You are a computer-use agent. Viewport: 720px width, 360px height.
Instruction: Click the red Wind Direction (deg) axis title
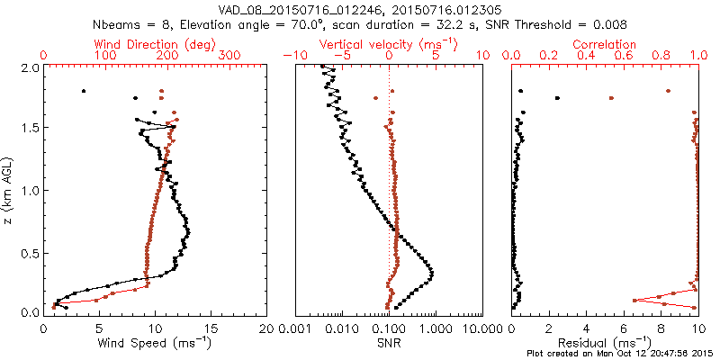click(x=155, y=44)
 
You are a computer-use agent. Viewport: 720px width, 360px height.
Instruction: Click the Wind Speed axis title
click(x=155, y=343)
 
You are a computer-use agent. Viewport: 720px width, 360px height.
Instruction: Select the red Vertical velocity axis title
click(x=389, y=44)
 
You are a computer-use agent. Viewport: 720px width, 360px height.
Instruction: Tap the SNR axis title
click(x=389, y=343)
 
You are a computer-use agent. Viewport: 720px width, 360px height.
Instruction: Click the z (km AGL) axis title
click(x=10, y=190)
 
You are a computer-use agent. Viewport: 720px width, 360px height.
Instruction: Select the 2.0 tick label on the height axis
click(x=29, y=67)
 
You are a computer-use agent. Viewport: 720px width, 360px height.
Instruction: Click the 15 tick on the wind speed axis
click(x=211, y=328)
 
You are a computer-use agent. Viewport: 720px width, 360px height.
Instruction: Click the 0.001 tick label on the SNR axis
click(x=295, y=328)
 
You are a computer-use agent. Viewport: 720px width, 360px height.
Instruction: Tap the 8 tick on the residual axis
click(x=661, y=328)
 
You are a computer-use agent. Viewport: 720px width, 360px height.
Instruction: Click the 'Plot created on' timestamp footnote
click(x=620, y=354)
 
